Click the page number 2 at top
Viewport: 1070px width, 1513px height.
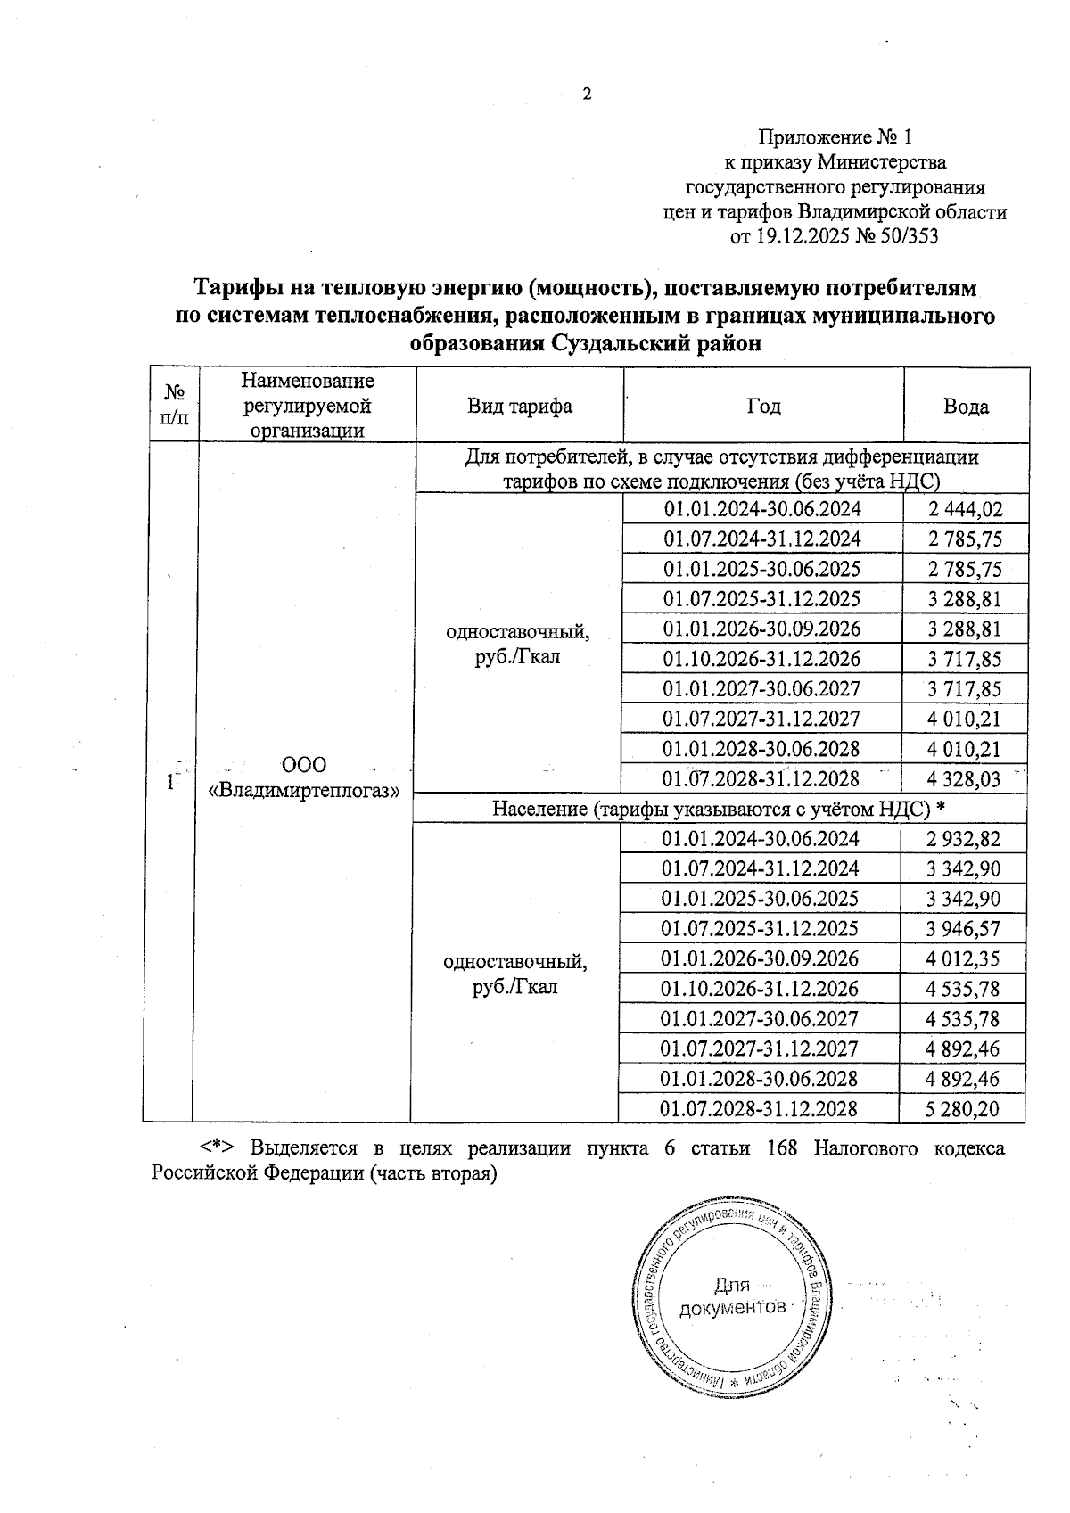pos(587,95)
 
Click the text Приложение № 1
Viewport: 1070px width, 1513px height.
pos(835,137)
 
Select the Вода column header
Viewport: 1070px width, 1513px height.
pos(966,407)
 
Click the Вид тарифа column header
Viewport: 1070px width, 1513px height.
pos(520,407)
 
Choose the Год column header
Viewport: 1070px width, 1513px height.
pos(763,407)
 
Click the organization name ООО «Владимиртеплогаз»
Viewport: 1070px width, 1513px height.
pos(303,777)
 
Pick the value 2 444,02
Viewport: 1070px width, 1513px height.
pos(964,509)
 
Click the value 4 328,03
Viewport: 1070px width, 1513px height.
pos(964,779)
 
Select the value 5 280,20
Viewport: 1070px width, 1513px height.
pos(962,1109)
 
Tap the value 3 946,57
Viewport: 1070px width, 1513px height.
pos(962,929)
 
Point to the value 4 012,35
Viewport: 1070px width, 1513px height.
pos(962,958)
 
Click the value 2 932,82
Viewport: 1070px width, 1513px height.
pos(962,839)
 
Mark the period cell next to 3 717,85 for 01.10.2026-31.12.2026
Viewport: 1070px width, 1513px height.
pos(761,659)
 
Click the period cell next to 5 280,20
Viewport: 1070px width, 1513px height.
pos(759,1109)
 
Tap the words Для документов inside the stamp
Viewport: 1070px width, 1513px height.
pos(733,1297)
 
